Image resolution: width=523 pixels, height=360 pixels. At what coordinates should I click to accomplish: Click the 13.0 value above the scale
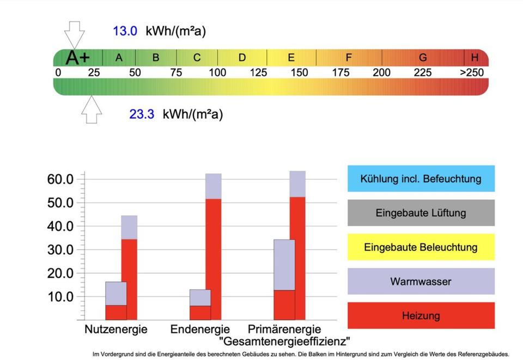[125, 31]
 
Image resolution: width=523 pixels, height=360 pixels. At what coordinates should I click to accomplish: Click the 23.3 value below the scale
[142, 114]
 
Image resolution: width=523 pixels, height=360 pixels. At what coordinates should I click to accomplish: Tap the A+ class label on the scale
[78, 57]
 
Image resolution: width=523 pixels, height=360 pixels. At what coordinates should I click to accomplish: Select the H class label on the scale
[475, 57]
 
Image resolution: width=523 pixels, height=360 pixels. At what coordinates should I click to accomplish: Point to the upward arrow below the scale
[92, 109]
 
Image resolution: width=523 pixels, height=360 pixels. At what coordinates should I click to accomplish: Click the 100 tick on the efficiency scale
[217, 72]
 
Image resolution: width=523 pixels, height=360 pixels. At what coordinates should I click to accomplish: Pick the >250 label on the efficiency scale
[471, 72]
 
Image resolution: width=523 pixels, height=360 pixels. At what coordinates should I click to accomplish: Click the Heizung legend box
[421, 315]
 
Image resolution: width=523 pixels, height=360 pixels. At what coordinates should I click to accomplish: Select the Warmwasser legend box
[421, 281]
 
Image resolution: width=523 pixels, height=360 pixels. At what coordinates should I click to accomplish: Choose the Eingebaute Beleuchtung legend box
[421, 247]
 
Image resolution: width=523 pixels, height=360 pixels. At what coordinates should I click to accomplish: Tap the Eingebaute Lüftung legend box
[421, 212]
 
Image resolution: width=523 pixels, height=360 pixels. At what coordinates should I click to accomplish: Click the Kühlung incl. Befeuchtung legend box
[421, 179]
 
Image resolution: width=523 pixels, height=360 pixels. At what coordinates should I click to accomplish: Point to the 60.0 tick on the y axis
[61, 179]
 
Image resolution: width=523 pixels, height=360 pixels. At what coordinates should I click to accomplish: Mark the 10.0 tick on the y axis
[61, 297]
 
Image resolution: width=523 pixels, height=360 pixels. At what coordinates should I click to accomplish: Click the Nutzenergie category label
[115, 330]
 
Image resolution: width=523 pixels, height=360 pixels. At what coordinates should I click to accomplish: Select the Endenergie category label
[200, 330]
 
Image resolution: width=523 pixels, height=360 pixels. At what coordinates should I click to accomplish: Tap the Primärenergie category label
[284, 330]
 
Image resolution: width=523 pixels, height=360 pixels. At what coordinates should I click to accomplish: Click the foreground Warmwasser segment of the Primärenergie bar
[284, 265]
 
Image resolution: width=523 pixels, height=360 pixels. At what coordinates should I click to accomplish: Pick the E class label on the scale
[291, 57]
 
